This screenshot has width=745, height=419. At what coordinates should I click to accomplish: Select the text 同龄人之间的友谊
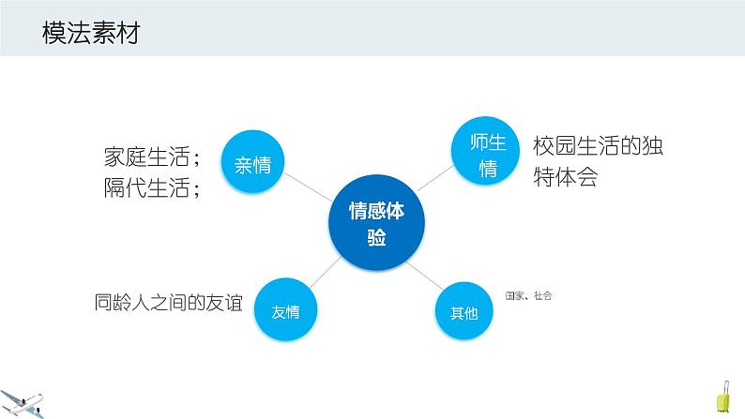tap(168, 303)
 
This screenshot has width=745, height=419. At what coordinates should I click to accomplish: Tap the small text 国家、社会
tap(528, 296)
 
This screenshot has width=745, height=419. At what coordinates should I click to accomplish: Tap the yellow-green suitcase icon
tap(723, 397)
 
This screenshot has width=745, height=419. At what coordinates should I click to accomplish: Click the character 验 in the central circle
tap(376, 238)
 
